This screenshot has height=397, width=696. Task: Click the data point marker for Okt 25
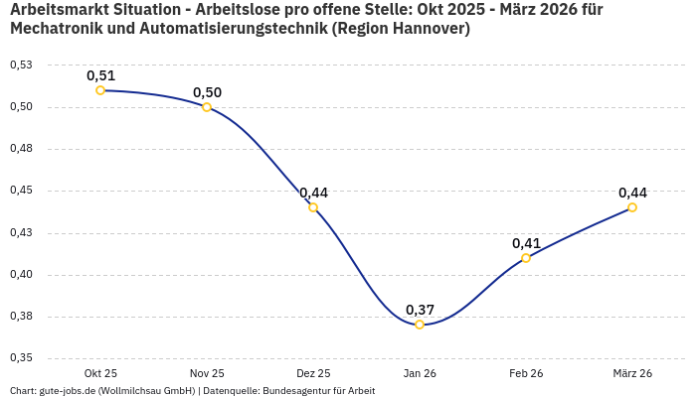[x=100, y=90]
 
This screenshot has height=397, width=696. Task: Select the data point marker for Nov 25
[x=207, y=107]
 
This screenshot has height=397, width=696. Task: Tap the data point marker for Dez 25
[x=313, y=207]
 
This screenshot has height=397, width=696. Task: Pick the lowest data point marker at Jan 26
[x=420, y=325]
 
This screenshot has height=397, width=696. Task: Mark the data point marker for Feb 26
[x=526, y=258]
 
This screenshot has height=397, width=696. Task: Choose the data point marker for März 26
[x=632, y=207]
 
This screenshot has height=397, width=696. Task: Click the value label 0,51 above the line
[x=100, y=75]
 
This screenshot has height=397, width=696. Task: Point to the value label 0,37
[x=420, y=310]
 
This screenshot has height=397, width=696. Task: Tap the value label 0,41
[x=526, y=243]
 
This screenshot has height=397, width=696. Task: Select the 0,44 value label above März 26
[x=632, y=193]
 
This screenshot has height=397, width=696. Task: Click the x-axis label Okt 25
[x=100, y=373]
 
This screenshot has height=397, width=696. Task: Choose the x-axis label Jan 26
[x=420, y=373]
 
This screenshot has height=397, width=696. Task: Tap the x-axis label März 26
[x=632, y=373]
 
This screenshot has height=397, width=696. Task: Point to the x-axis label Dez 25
[x=313, y=373]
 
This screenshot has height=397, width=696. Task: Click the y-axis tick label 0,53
[x=20, y=65]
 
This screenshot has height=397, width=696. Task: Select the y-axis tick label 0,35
[x=20, y=358]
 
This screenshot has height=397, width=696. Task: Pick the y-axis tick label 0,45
[x=20, y=191]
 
